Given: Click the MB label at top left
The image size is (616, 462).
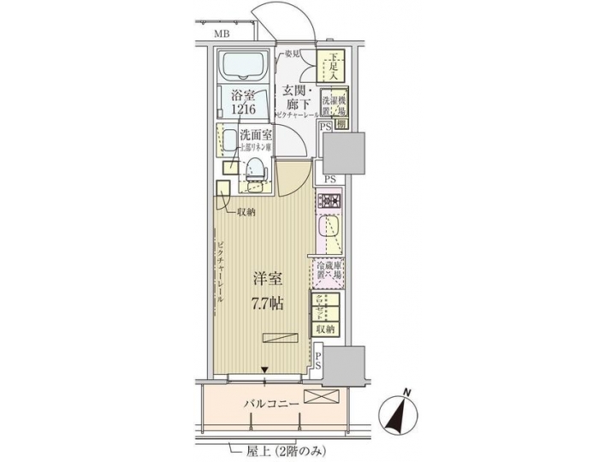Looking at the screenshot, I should (x=222, y=34).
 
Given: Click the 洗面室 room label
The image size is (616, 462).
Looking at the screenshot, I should (x=255, y=133).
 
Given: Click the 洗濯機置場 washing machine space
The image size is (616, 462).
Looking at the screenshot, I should (x=335, y=104).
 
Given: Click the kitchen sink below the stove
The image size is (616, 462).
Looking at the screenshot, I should (x=329, y=229).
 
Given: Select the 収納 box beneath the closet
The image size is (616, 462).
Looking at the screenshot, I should (x=329, y=329).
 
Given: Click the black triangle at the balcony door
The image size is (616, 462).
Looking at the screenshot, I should (x=267, y=370).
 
